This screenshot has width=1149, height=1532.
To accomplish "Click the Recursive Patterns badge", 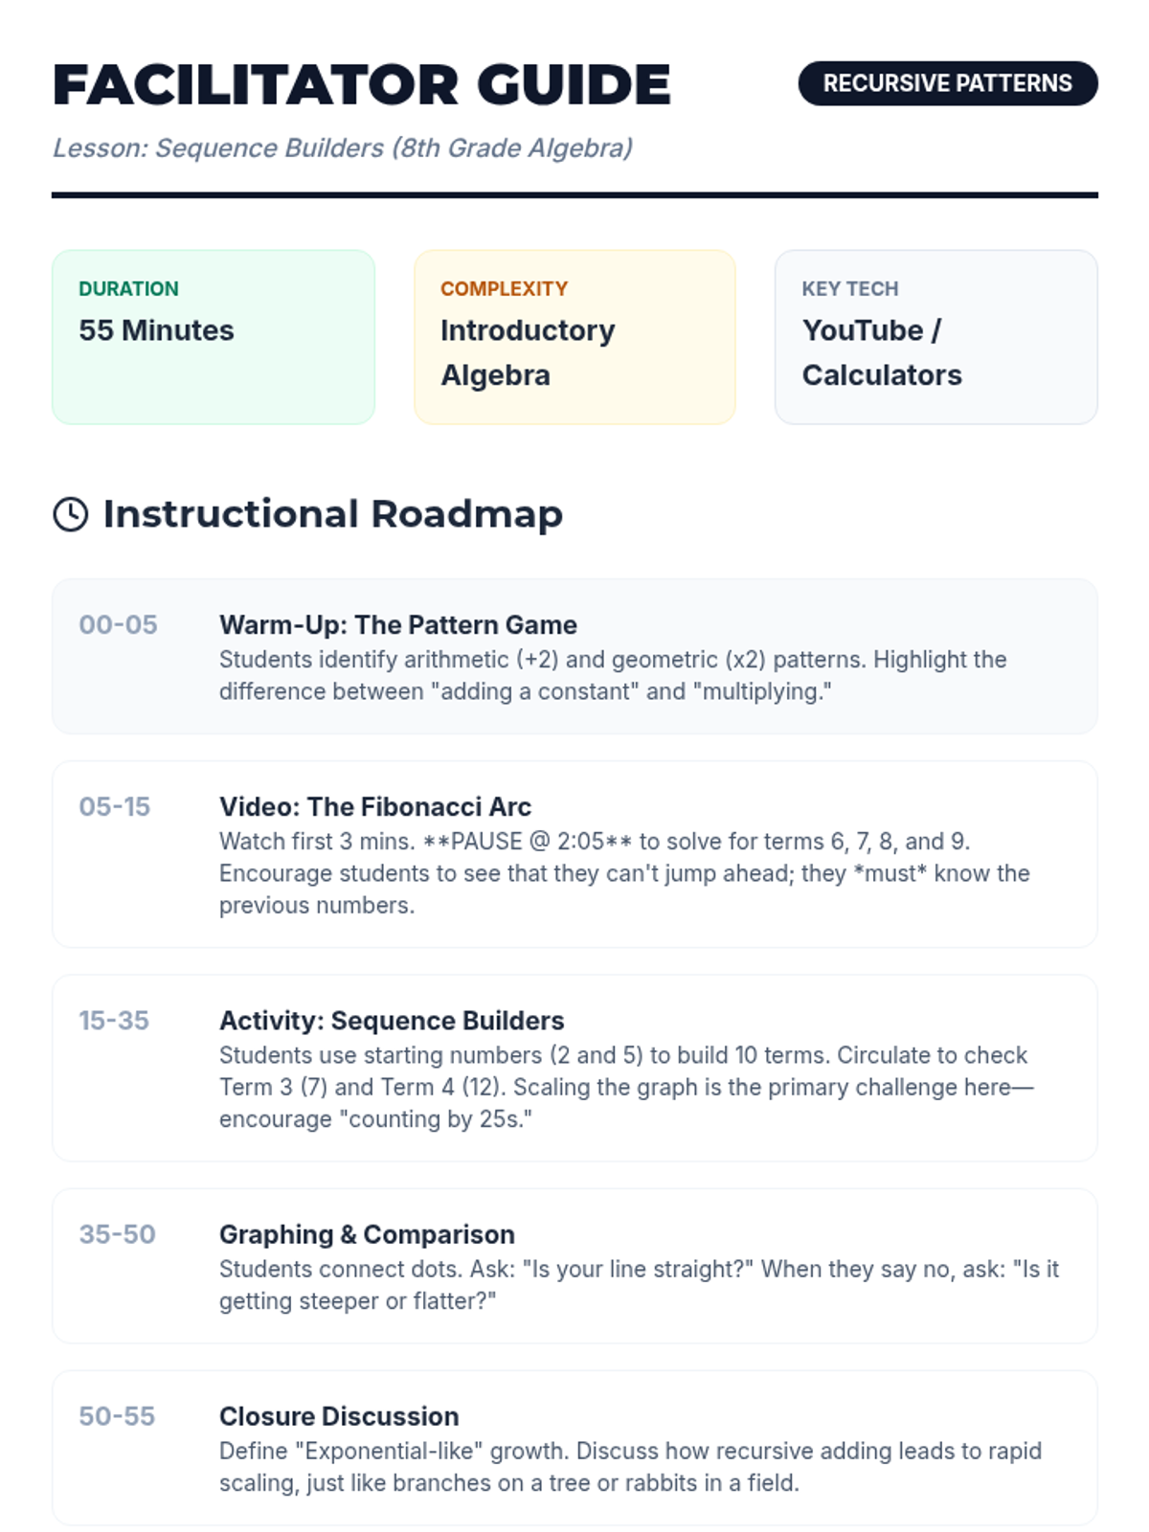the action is pyautogui.click(x=947, y=83).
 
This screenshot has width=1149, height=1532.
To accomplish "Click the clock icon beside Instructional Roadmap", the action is pyautogui.click(x=71, y=514).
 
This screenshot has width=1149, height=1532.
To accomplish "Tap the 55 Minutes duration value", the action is pyautogui.click(x=156, y=330).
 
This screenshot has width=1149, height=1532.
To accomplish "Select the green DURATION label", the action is pyautogui.click(x=128, y=288).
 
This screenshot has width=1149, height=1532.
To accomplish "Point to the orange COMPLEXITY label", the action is pyautogui.click(x=505, y=288).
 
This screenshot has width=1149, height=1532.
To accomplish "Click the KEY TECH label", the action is pyautogui.click(x=849, y=288).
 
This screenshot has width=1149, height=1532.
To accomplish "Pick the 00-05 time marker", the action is pyautogui.click(x=118, y=624).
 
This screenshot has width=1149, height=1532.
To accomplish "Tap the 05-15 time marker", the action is pyautogui.click(x=114, y=806).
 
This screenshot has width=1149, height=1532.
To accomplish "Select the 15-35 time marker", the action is pyautogui.click(x=114, y=1021).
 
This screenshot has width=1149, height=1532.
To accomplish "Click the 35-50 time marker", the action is pyautogui.click(x=117, y=1234).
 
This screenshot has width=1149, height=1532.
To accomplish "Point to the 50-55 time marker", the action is pyautogui.click(x=117, y=1416).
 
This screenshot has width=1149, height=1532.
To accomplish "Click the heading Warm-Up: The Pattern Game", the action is pyautogui.click(x=398, y=624).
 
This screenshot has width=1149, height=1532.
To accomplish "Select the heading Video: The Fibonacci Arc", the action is pyautogui.click(x=375, y=807).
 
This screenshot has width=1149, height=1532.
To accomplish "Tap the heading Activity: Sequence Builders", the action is pyautogui.click(x=392, y=1021).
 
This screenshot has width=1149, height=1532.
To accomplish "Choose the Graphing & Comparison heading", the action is pyautogui.click(x=367, y=1234).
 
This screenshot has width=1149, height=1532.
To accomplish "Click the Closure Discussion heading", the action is pyautogui.click(x=339, y=1416).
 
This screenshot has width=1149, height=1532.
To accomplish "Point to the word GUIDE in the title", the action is pyautogui.click(x=574, y=85).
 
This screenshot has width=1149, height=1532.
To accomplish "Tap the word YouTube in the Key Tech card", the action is pyautogui.click(x=863, y=330).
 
